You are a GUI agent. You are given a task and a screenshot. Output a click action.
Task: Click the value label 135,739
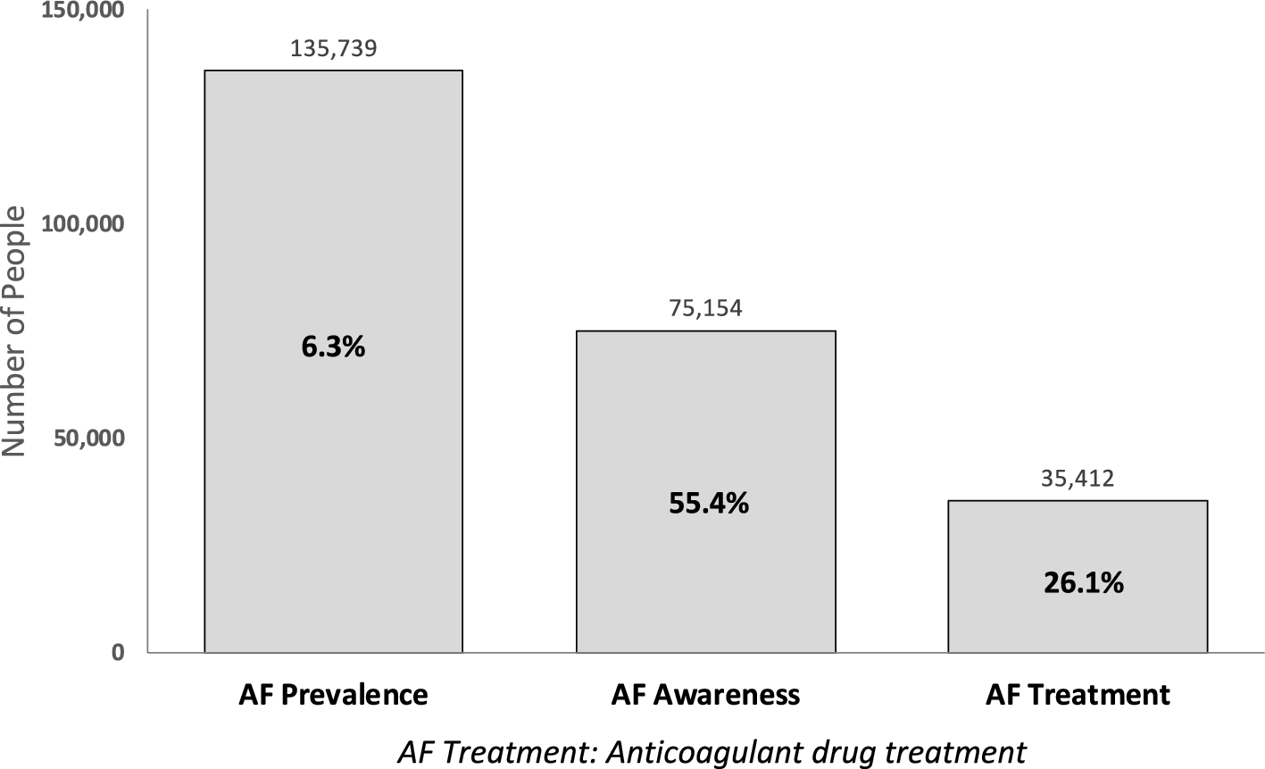(x=333, y=48)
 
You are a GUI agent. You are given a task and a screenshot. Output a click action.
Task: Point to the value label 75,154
(x=705, y=308)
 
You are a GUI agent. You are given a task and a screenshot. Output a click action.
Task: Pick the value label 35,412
(x=1078, y=479)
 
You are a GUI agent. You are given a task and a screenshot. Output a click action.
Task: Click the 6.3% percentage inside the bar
(x=333, y=347)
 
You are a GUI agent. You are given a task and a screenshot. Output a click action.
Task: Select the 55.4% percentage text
(x=709, y=504)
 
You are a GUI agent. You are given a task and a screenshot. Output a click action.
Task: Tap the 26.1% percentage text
(x=1083, y=583)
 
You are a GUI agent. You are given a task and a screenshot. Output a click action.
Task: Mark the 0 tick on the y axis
(x=118, y=653)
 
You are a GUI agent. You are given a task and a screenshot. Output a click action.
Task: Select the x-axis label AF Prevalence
(x=333, y=695)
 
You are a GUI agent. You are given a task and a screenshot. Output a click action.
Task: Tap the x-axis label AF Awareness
(x=705, y=695)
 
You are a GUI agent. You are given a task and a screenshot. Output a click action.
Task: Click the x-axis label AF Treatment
(x=1078, y=695)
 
